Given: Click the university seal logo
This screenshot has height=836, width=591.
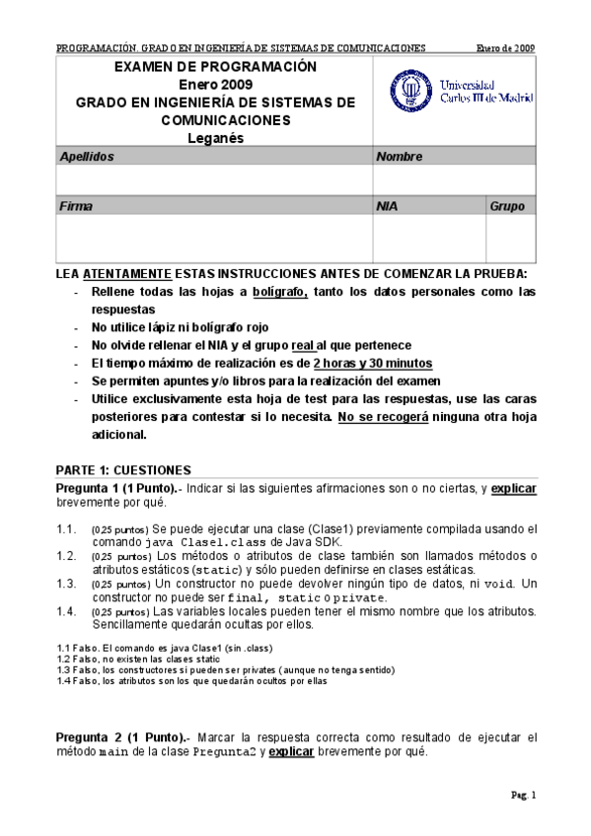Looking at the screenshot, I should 405,92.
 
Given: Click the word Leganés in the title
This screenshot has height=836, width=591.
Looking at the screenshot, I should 214,138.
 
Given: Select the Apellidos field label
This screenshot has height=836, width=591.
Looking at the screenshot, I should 87,157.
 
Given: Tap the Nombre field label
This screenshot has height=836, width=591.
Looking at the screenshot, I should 399,157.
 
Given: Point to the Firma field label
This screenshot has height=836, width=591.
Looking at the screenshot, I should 76,207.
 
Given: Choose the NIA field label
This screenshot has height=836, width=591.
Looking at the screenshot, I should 388,207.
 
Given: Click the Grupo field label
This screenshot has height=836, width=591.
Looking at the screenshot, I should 507,207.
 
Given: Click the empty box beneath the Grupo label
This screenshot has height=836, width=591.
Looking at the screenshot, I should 510,239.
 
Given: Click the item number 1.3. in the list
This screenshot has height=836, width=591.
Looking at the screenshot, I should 67,583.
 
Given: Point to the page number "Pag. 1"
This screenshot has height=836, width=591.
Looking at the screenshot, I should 522,795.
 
